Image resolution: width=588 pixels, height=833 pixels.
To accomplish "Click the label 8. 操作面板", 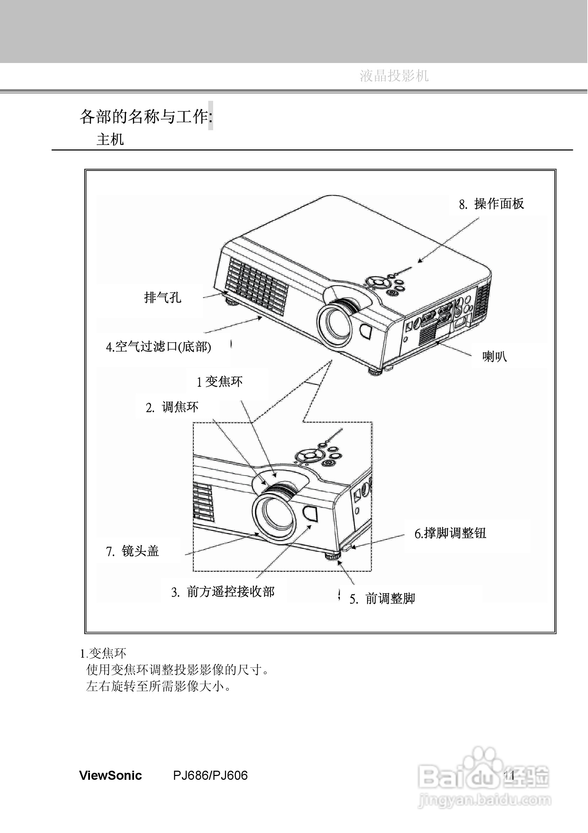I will coord(491,204).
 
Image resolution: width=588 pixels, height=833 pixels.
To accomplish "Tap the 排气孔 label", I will coord(162,297).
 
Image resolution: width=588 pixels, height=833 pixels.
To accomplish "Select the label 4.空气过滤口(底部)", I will coord(159,347).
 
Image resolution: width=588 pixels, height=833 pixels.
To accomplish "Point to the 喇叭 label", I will coord(495,357).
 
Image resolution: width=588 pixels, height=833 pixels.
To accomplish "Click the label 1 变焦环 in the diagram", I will coord(219,381).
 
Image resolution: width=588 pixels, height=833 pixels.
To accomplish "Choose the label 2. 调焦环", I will coord(172,407).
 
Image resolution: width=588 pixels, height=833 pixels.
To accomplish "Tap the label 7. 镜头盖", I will coord(132,551).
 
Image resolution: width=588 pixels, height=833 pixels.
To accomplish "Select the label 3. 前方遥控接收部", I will coord(223,592).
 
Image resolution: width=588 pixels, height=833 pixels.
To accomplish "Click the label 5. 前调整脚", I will coord(382,598).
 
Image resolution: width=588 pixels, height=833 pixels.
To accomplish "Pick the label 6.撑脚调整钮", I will coord(450,533).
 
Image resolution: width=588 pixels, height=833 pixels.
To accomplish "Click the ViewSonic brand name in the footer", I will coord(111,775).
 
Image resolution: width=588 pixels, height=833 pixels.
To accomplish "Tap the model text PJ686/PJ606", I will coord(210,775).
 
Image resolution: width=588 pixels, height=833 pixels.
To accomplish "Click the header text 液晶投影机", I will coord(394,76).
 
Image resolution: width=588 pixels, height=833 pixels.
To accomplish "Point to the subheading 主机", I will coord(110,139).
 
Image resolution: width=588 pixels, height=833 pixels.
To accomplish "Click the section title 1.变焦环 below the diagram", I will coord(103,653).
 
